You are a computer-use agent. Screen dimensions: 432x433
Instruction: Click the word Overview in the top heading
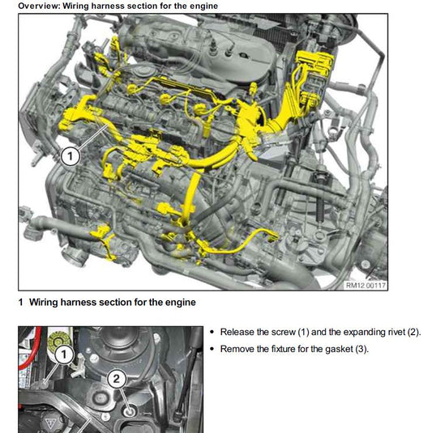(x=37, y=6)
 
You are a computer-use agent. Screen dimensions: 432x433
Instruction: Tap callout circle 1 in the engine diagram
(x=71, y=156)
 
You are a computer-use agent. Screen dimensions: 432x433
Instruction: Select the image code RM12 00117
(x=366, y=285)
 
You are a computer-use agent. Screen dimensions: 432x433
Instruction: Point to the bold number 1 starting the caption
(x=21, y=302)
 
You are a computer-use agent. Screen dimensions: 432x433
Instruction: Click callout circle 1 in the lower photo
(x=64, y=354)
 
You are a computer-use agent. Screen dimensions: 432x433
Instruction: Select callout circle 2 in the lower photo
(x=117, y=378)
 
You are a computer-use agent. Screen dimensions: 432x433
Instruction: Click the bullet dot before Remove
(x=212, y=349)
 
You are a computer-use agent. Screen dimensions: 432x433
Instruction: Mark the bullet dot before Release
(x=212, y=332)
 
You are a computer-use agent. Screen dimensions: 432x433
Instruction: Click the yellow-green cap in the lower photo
(x=58, y=340)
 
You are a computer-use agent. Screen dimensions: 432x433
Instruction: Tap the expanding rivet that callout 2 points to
(x=130, y=412)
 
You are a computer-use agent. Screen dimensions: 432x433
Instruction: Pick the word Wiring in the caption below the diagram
(x=44, y=302)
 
